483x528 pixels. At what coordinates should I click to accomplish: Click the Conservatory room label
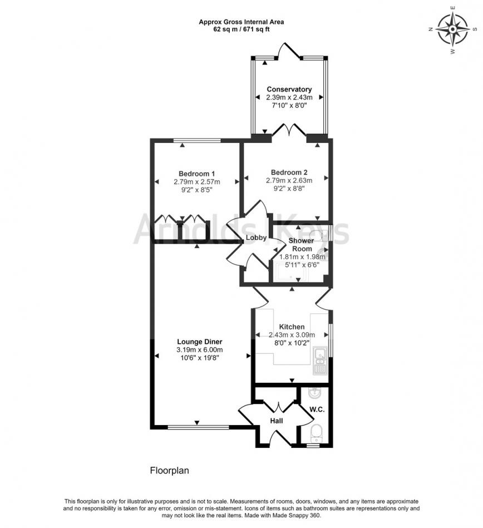click(289, 89)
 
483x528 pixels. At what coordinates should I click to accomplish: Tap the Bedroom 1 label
click(196, 174)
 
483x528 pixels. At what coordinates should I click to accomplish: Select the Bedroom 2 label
click(289, 172)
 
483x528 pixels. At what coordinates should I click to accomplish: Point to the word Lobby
click(256, 238)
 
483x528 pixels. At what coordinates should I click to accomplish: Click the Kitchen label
click(292, 327)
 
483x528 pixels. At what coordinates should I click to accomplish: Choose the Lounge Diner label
click(200, 342)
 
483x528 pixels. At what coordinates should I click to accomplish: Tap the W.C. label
click(317, 409)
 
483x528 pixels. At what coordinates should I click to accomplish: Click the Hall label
click(277, 421)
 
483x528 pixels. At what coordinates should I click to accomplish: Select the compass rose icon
click(452, 29)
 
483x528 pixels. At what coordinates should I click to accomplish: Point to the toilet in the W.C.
click(316, 433)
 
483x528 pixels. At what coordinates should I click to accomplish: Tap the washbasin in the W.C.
click(316, 392)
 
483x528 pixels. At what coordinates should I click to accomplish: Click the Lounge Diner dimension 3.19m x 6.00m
click(199, 350)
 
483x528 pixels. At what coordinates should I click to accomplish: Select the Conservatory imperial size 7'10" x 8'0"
click(289, 105)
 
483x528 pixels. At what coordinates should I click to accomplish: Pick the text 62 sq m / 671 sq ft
click(241, 29)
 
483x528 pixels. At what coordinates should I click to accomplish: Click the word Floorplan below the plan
click(169, 471)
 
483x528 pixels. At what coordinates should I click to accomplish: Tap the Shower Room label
click(302, 245)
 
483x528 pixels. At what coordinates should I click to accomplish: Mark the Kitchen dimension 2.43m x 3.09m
click(292, 335)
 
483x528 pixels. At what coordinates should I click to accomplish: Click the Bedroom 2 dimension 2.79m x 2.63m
click(289, 180)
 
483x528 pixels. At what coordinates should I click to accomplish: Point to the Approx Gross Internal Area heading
click(241, 22)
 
